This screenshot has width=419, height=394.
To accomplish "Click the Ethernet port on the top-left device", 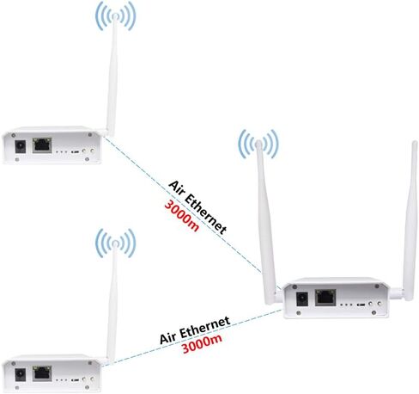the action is [42, 145].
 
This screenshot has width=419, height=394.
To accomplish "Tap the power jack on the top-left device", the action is [20, 147].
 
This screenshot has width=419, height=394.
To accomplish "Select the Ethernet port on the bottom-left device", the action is [42, 373].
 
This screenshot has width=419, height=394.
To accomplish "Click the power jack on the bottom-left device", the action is [20, 375].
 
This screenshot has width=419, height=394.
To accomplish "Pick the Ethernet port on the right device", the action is [325, 298].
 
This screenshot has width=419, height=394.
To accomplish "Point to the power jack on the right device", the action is [301, 299].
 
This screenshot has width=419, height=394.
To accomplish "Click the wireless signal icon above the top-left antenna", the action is [115, 15].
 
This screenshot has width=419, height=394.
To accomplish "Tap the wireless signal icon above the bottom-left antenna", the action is [115, 243].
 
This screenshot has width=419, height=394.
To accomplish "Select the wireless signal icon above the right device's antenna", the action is [258, 144].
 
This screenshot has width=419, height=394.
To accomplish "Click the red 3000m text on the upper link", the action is [181, 216].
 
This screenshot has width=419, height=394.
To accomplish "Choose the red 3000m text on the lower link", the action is [202, 343].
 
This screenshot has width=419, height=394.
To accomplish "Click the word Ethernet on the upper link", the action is [206, 213].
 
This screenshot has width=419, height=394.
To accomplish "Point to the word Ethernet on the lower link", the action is [205, 327].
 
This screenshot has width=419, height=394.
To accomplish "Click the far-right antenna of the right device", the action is [410, 221].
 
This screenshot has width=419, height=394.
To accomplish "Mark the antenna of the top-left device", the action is [112, 75].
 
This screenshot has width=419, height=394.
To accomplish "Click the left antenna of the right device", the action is [266, 222].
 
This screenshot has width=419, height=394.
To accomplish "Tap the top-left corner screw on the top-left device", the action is [13, 135].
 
